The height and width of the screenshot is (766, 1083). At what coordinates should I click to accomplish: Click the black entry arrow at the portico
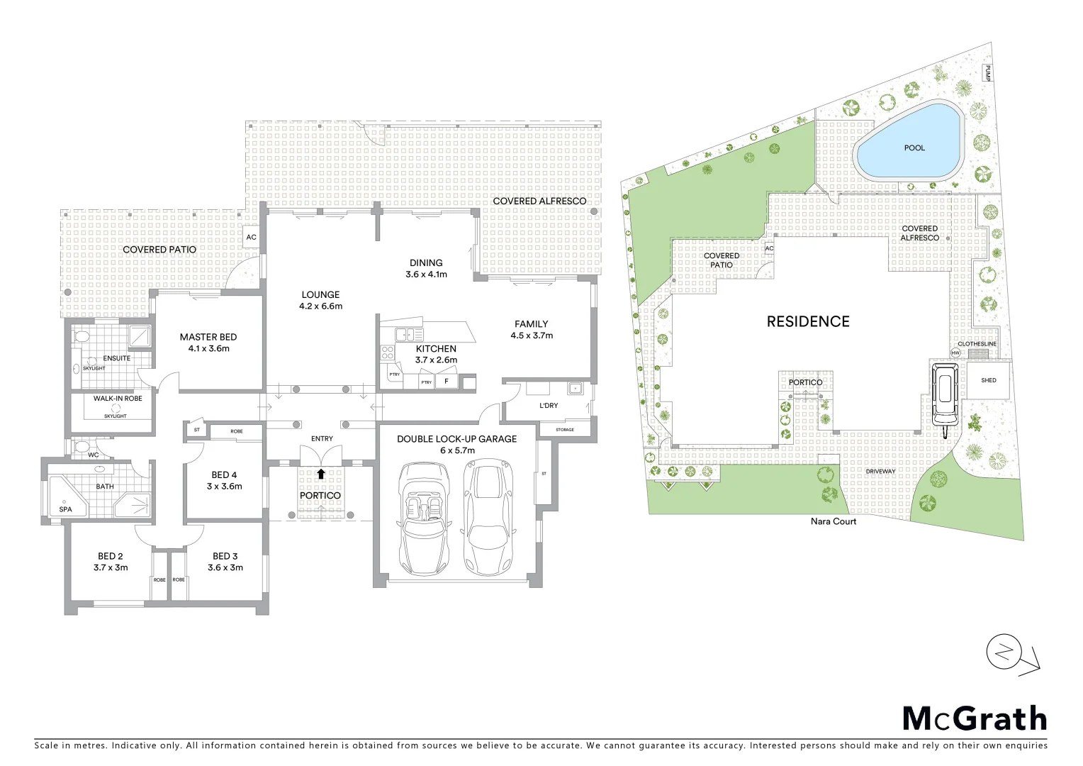tap(321, 474)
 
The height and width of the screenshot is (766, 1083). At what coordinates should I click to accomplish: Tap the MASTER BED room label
tap(208, 338)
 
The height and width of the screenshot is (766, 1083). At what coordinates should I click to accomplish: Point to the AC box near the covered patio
tap(251, 237)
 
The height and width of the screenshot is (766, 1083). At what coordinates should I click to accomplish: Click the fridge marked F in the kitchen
tap(446, 382)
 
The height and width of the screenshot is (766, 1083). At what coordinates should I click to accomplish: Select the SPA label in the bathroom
tap(65, 509)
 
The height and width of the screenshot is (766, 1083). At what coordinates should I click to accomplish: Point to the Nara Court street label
tap(834, 521)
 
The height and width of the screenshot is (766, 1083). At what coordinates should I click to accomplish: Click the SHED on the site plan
tap(988, 381)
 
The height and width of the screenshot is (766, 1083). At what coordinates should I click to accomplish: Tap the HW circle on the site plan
tap(955, 353)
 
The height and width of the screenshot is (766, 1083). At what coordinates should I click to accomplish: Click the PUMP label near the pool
tap(986, 73)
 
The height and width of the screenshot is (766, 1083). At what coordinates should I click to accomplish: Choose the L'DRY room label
tap(549, 406)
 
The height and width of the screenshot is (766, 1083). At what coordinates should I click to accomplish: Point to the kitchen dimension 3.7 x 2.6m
tap(436, 360)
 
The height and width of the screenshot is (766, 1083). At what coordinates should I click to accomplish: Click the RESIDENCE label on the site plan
tap(808, 321)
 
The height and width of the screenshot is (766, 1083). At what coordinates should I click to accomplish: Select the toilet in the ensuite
tap(80, 337)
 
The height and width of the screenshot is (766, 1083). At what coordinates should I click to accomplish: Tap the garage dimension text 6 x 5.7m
tap(456, 450)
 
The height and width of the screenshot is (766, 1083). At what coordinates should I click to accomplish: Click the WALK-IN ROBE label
tap(118, 399)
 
